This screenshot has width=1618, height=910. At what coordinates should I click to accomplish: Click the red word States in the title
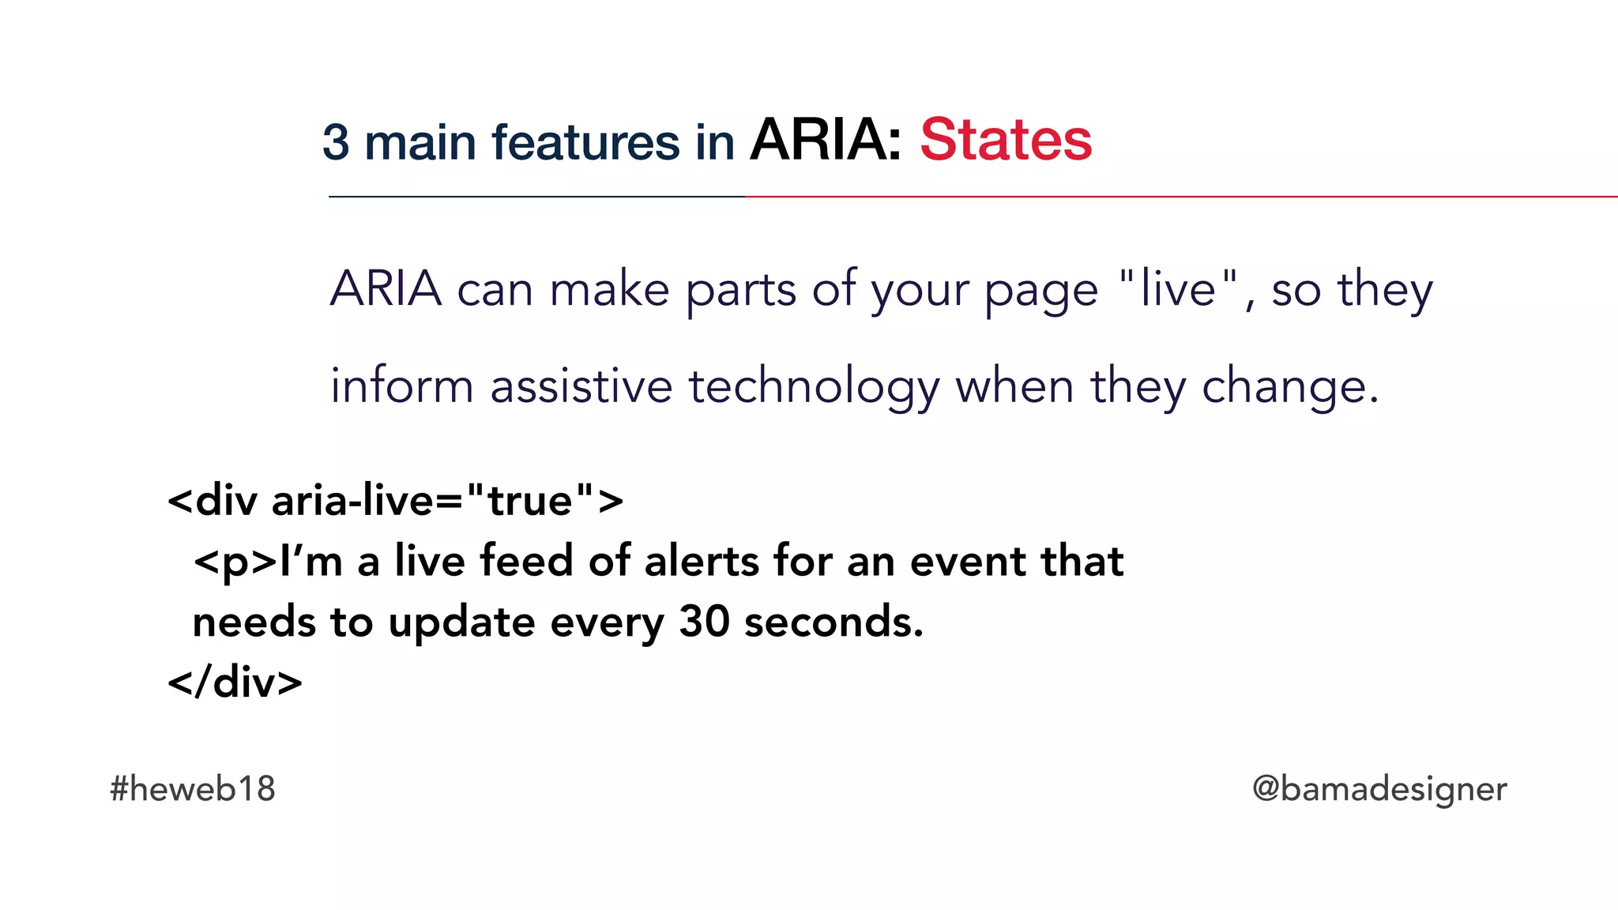(x=1005, y=141)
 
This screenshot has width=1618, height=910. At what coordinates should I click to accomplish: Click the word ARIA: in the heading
(x=826, y=141)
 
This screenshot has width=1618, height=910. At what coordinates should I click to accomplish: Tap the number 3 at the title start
(x=335, y=143)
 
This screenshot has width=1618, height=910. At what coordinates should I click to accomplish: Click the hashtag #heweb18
(x=193, y=788)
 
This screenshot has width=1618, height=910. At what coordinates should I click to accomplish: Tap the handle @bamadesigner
(x=1379, y=788)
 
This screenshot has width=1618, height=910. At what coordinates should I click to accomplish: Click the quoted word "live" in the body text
(x=1178, y=288)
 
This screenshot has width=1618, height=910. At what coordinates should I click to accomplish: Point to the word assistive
(x=581, y=386)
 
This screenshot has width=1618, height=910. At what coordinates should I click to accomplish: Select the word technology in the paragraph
(x=814, y=388)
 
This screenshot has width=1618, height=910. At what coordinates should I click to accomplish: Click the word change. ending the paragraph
(x=1289, y=388)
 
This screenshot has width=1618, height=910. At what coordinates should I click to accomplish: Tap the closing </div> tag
(x=235, y=682)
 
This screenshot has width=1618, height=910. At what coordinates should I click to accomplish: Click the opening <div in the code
(x=213, y=501)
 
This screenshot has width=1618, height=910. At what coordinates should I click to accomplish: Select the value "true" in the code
(x=529, y=501)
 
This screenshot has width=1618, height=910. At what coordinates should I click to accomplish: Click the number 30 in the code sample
(x=704, y=622)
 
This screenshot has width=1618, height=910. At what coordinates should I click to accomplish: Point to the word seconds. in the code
(x=833, y=622)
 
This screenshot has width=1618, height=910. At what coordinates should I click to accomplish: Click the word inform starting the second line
(x=401, y=386)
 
